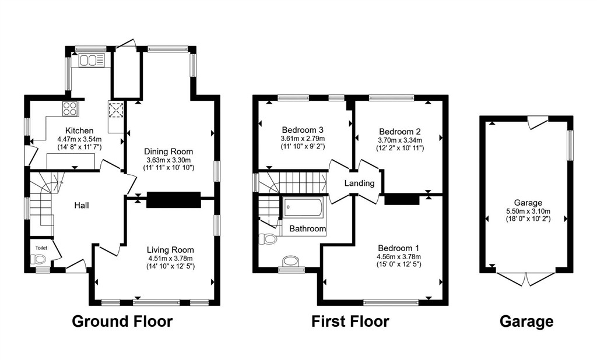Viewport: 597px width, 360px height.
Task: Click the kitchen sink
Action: click(92, 61)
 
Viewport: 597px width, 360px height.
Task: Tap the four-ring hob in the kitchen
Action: click(70, 108)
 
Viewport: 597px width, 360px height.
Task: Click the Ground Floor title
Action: click(122, 321)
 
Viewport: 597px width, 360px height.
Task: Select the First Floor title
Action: click(350, 321)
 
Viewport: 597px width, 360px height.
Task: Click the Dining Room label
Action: click(168, 151)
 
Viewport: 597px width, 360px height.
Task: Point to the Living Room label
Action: click(171, 250)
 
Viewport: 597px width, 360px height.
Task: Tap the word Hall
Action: click(82, 206)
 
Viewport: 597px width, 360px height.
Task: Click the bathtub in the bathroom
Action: click(303, 207)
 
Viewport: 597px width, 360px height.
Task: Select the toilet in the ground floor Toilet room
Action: click(38, 260)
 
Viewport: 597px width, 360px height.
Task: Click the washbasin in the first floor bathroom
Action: click(292, 262)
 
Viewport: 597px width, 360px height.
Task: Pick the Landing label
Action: click(359, 183)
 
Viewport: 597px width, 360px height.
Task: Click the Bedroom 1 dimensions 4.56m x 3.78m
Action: click(399, 257)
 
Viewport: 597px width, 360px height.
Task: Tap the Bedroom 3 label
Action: click(303, 130)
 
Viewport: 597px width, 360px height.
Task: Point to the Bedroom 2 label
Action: click(400, 132)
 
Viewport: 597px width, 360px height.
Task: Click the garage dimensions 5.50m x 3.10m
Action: click(528, 211)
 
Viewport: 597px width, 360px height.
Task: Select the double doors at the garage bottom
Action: click(526, 279)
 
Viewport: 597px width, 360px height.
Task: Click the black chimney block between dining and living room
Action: click(174, 200)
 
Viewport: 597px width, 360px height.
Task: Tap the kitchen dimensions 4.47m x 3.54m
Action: click(79, 139)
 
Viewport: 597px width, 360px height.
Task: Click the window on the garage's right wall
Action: click(570, 145)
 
